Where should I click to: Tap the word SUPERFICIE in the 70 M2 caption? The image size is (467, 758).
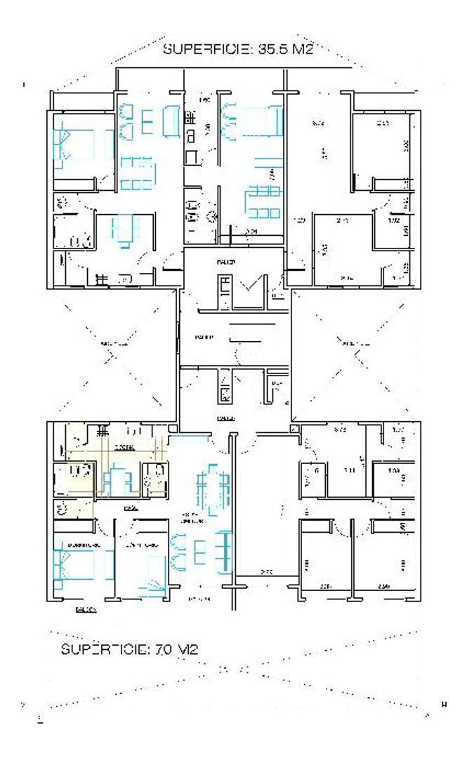pos(103,649)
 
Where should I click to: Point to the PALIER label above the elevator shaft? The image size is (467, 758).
pos(225,262)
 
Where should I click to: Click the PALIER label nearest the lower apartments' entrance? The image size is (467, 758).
pos(225,418)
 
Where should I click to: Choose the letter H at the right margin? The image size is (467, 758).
pos(444,703)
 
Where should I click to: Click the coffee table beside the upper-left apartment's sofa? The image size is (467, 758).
pos(147,121)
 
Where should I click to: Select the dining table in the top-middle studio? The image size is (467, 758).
pos(264,202)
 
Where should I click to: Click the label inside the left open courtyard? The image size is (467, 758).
pos(112,344)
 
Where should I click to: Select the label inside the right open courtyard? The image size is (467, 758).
pos(351,343)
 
